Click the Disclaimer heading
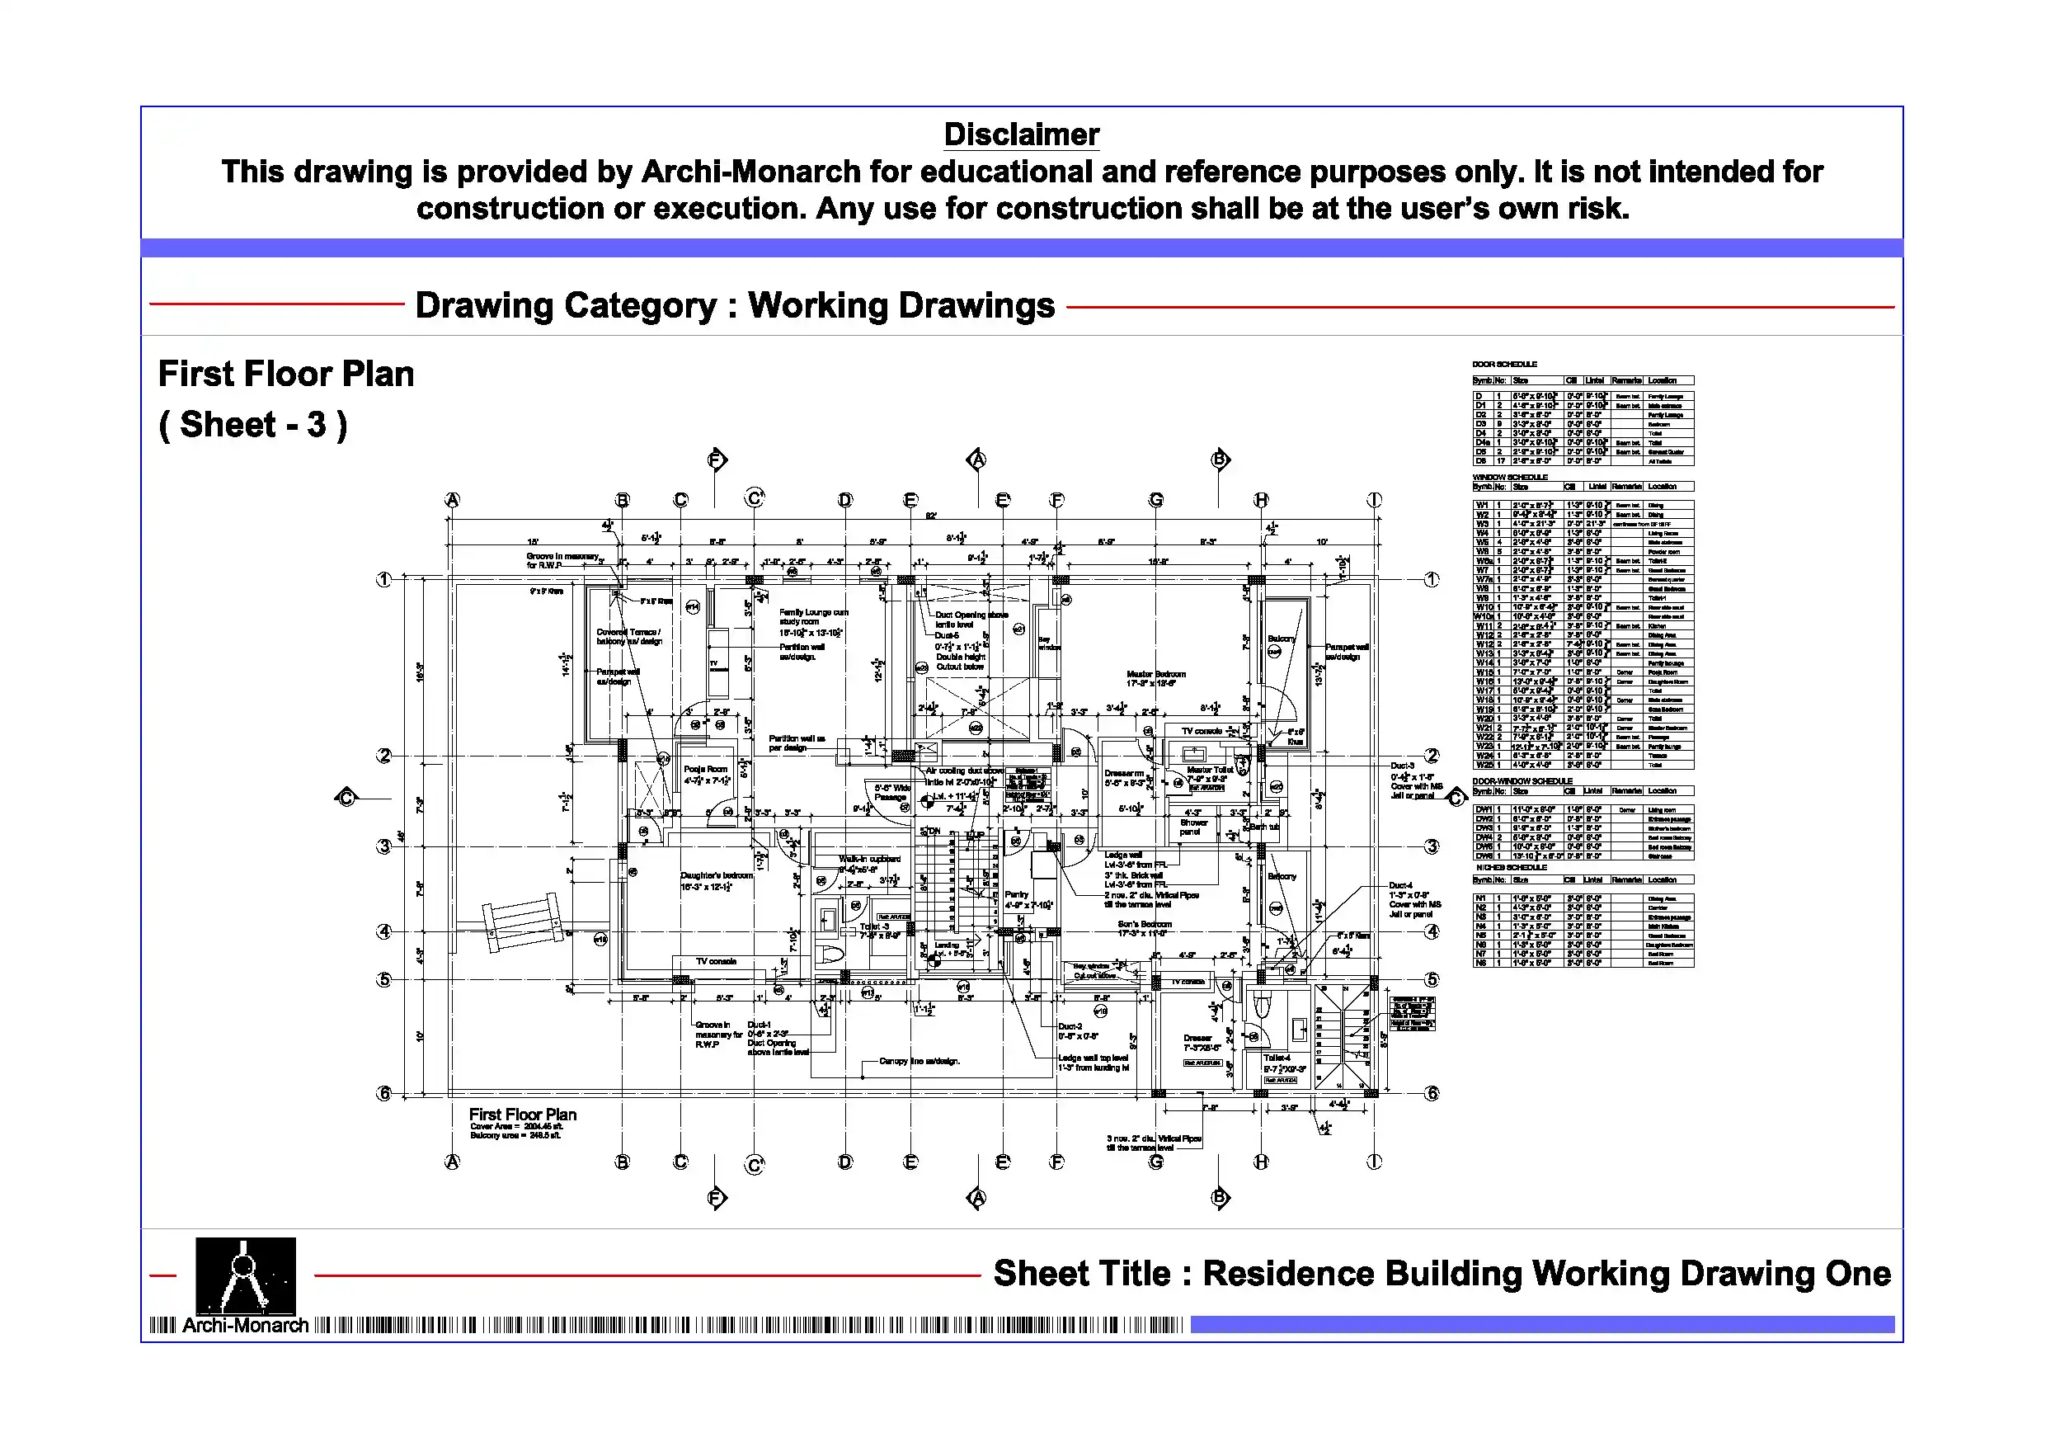(1021, 134)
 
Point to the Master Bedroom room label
(1156, 674)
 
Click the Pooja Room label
(705, 769)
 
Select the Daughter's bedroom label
(717, 875)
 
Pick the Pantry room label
(1016, 894)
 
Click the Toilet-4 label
(1276, 1058)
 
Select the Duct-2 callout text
(1070, 1026)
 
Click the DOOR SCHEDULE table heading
(1504, 364)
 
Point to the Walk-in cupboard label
(870, 859)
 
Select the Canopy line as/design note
(919, 1061)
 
